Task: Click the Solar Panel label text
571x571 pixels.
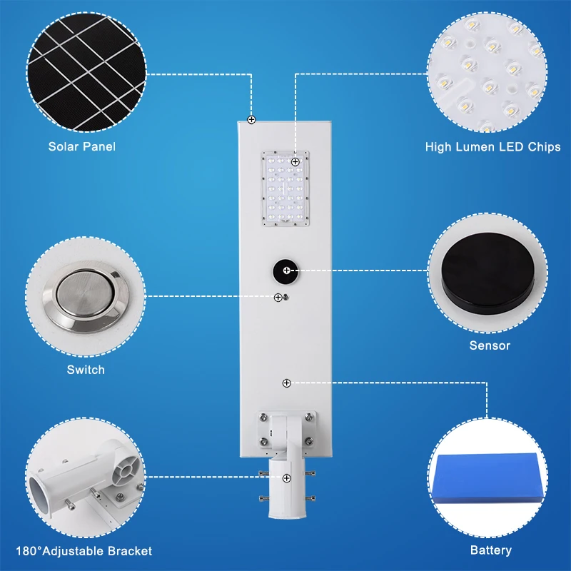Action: pyautogui.click(x=82, y=146)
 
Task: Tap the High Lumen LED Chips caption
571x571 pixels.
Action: pyautogui.click(x=492, y=147)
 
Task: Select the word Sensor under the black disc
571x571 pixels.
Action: pyautogui.click(x=490, y=345)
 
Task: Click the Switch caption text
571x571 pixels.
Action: pyautogui.click(x=86, y=370)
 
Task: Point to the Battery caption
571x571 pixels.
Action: pyautogui.click(x=491, y=550)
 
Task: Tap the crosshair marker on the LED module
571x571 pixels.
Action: pyautogui.click(x=295, y=162)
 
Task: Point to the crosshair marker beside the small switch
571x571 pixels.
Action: pyautogui.click(x=278, y=297)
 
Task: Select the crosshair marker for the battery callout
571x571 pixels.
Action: pyautogui.click(x=286, y=383)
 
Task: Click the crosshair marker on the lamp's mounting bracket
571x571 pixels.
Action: pyautogui.click(x=286, y=477)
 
